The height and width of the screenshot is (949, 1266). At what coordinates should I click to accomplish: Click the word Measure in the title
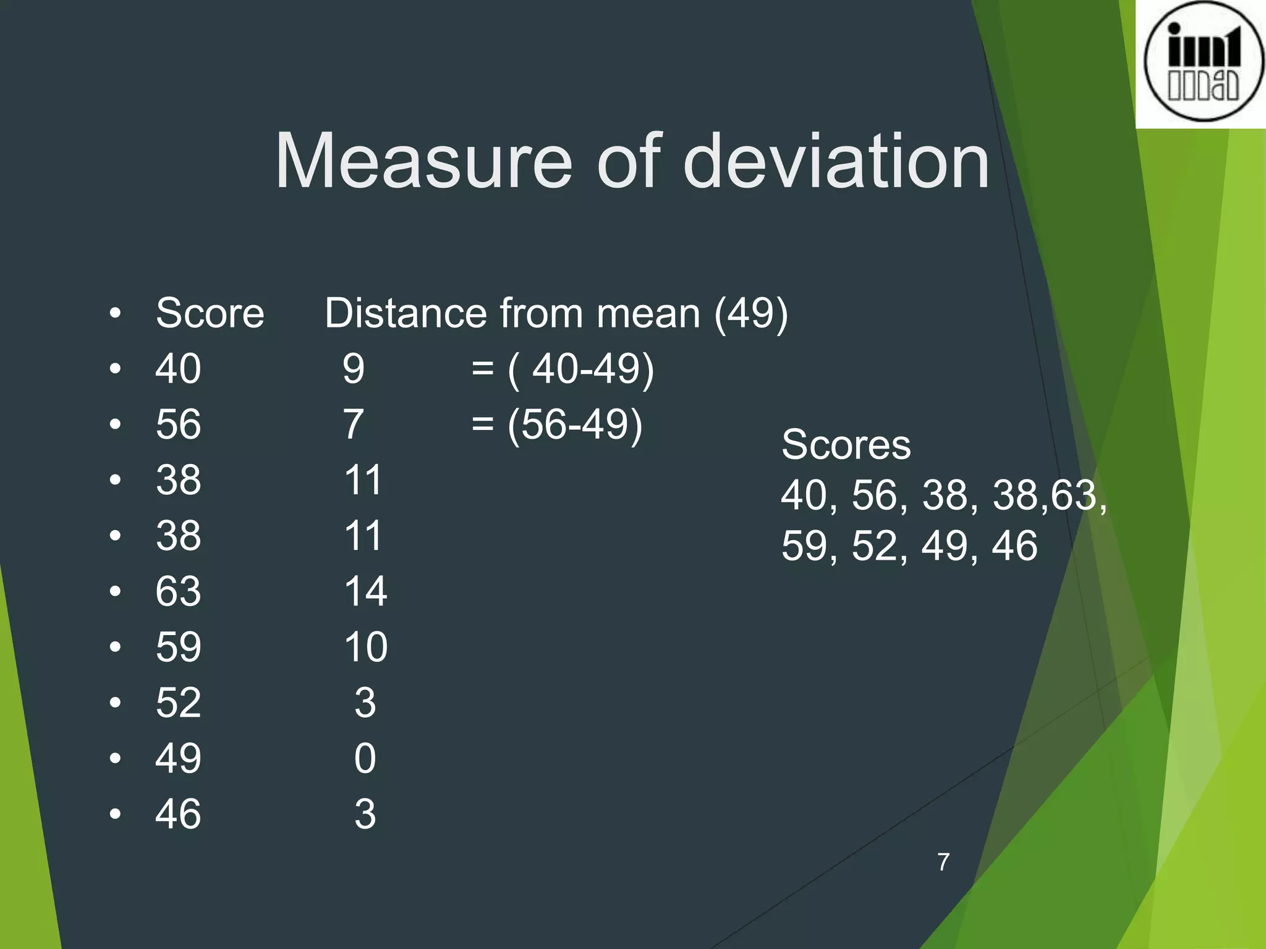[424, 162]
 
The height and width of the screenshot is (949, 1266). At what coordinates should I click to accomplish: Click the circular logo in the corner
[1202, 62]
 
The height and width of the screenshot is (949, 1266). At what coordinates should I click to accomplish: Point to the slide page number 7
[943, 862]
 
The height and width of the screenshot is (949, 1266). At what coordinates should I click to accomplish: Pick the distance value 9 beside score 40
[354, 369]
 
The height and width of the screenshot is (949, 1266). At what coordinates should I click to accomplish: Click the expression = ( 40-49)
[562, 369]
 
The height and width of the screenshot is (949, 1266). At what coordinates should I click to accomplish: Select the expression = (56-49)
[556, 424]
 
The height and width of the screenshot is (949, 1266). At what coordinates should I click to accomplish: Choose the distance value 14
[365, 591]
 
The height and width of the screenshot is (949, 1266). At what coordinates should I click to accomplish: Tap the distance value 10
[365, 647]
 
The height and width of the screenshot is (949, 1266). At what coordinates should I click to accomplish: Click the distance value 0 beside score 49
[365, 758]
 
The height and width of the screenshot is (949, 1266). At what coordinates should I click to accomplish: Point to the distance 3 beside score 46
[365, 814]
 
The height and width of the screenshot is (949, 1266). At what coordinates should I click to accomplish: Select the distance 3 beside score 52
[365, 702]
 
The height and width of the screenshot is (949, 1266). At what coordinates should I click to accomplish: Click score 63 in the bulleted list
[178, 591]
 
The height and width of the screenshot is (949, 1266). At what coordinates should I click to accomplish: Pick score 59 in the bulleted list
[178, 647]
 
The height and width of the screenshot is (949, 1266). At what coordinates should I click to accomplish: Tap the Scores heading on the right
[846, 444]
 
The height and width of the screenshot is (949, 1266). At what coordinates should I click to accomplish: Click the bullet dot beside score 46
[115, 814]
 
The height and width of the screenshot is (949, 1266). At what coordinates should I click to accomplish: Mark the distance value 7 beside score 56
[354, 424]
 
